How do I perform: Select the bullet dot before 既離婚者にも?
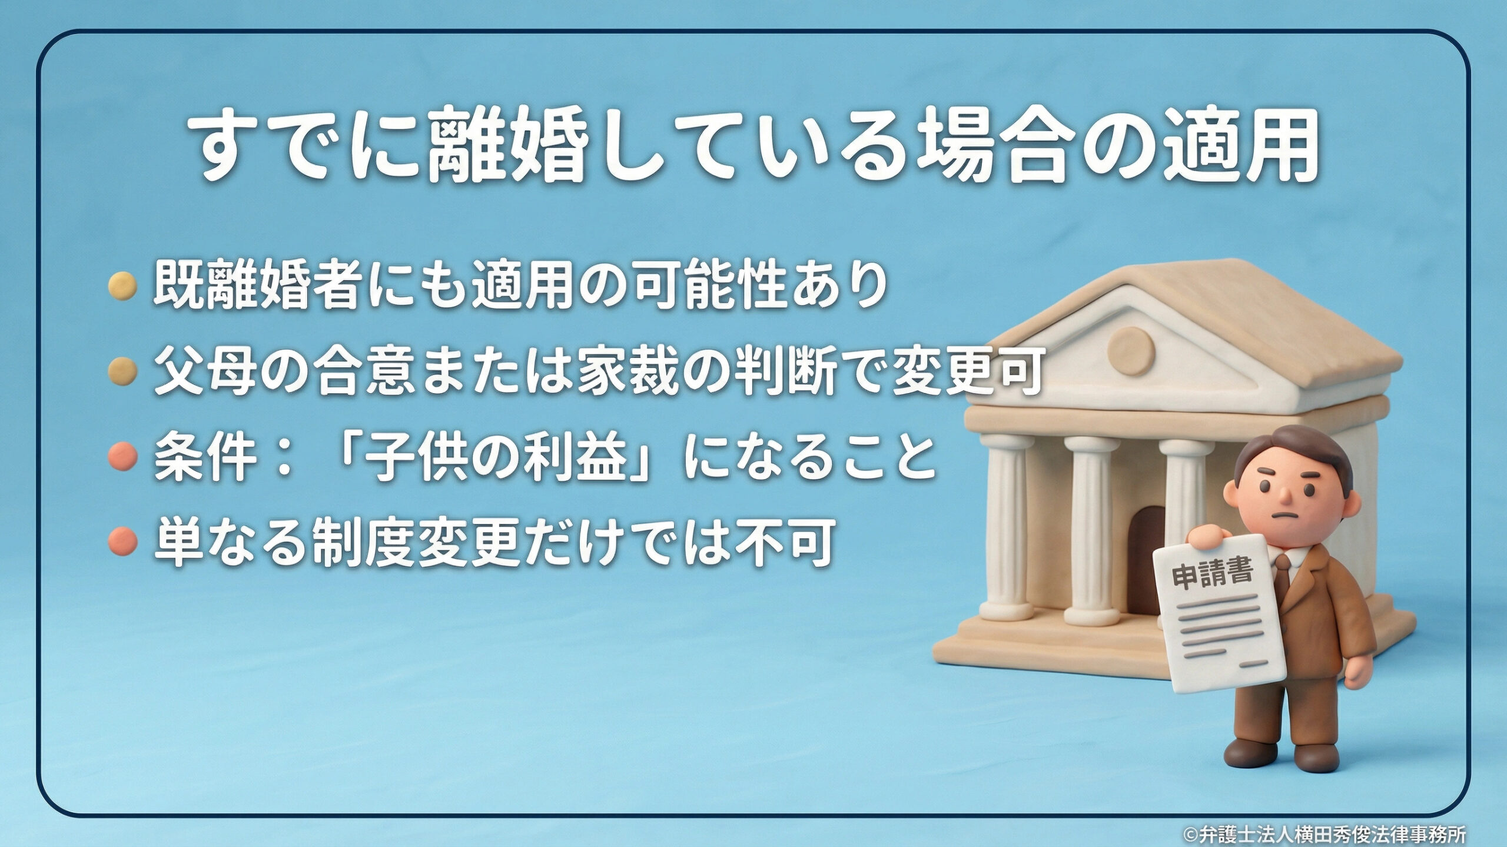point(123,286)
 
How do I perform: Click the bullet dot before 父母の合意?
point(123,370)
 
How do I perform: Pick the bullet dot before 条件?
point(123,455)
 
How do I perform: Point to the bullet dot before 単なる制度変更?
point(123,540)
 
